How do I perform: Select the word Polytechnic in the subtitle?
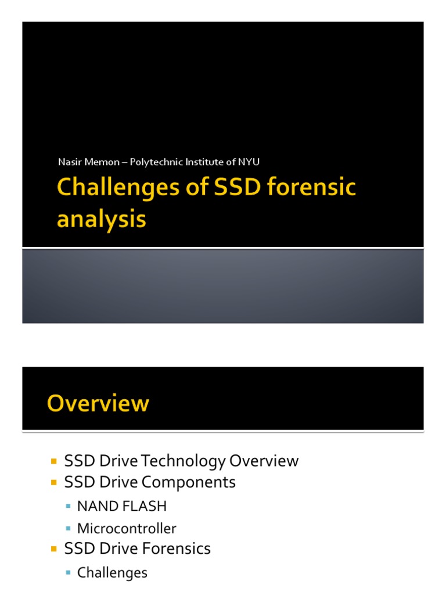pos(154,162)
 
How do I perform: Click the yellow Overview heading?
pos(98,403)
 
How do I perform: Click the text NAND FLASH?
pos(122,506)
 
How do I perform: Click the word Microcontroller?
pos(127,528)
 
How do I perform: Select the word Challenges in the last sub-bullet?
pos(112,573)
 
